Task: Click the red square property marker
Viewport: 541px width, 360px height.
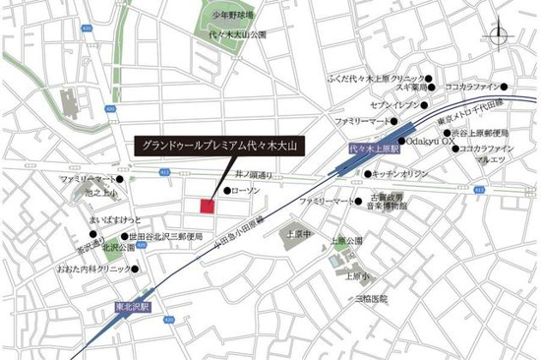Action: tap(208, 206)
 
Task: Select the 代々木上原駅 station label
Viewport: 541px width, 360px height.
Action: tap(370, 149)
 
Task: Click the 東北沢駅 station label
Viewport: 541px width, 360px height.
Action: tap(133, 307)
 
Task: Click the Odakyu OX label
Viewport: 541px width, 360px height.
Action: tap(432, 140)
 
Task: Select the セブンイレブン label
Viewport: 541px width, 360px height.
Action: tap(387, 102)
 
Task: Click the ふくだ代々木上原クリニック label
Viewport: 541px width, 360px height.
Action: tap(377, 77)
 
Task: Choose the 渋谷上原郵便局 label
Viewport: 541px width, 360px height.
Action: tap(480, 133)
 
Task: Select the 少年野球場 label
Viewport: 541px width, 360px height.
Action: tap(232, 16)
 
